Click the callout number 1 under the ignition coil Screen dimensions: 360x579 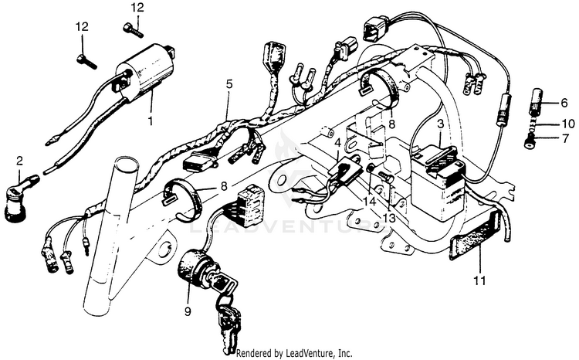click(151, 121)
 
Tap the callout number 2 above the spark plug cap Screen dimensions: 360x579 click(20, 161)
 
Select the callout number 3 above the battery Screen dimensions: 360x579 click(440, 124)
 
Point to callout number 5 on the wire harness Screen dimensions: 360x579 click(229, 83)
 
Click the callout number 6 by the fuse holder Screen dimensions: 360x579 click(564, 103)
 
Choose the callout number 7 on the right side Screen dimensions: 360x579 click(564, 139)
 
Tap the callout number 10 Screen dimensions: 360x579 click(567, 124)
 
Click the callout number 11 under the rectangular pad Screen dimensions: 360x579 click(479, 281)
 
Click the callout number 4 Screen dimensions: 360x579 click(337, 142)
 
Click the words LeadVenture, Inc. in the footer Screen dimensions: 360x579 click(317, 353)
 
